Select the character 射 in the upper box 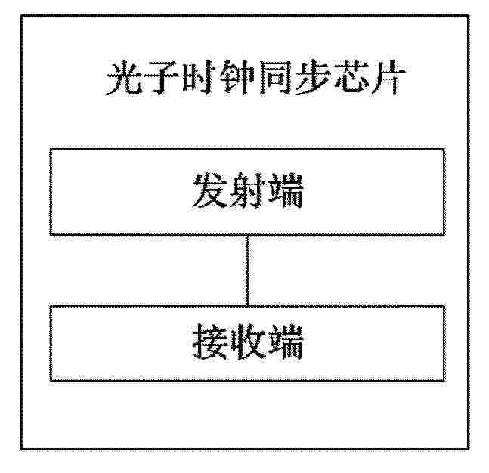point(248,190)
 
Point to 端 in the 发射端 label point(286,190)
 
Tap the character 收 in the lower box point(248,342)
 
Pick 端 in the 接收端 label point(286,342)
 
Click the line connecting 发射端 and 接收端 point(247,271)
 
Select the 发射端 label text point(248,190)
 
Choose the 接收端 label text point(248,342)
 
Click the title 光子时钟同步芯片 point(255,78)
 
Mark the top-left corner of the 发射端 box point(51,150)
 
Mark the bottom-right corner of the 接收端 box point(444,380)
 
